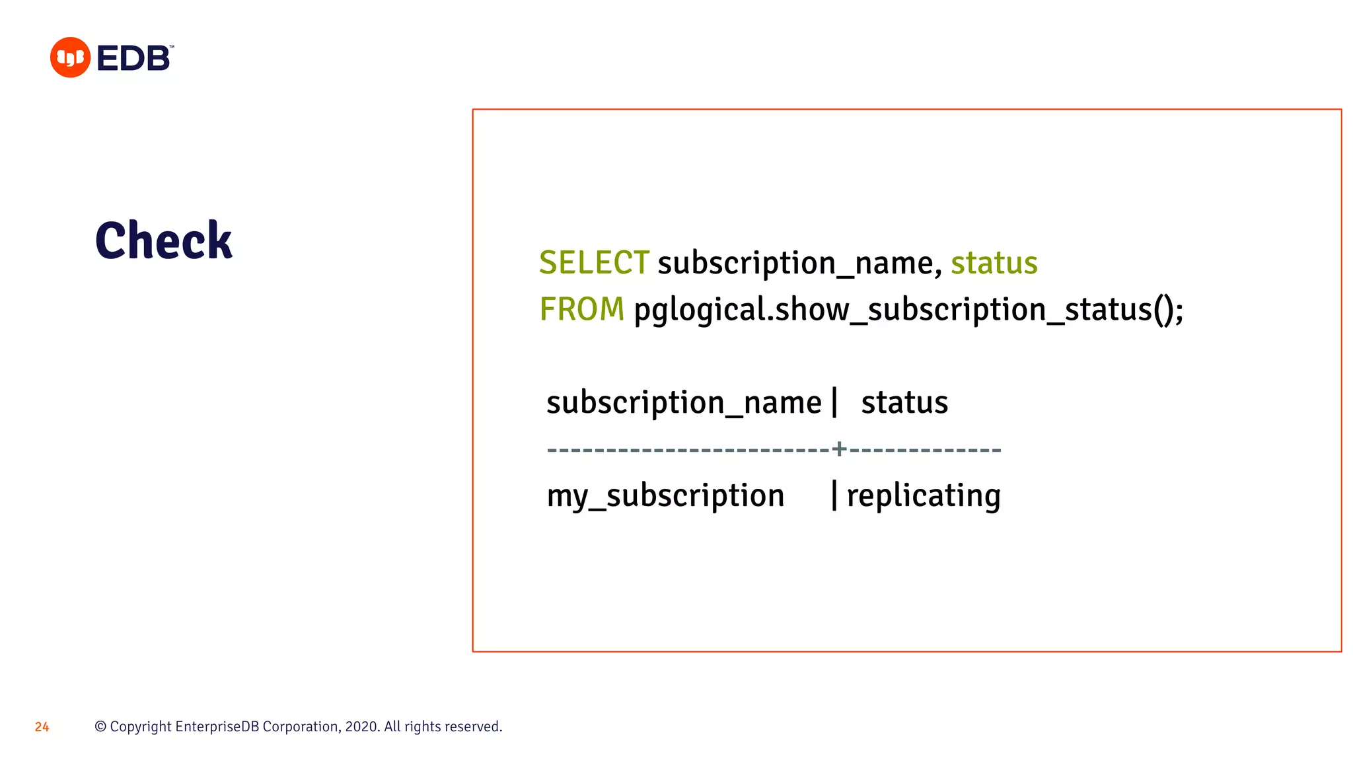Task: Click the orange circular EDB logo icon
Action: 70,57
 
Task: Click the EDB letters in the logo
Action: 133,58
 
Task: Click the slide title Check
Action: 164,240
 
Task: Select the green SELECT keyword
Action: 594,263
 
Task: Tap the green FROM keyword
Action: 581,309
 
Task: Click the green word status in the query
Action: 994,263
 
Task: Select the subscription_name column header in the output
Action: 684,403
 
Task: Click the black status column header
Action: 904,403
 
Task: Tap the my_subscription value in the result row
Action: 665,496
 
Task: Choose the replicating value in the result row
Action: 924,496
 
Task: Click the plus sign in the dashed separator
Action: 839,449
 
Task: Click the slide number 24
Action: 42,727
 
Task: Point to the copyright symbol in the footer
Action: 100,727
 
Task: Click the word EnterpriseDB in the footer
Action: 217,727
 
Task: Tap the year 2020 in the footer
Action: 361,727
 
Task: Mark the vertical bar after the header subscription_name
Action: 835,402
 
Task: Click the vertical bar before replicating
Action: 834,495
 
